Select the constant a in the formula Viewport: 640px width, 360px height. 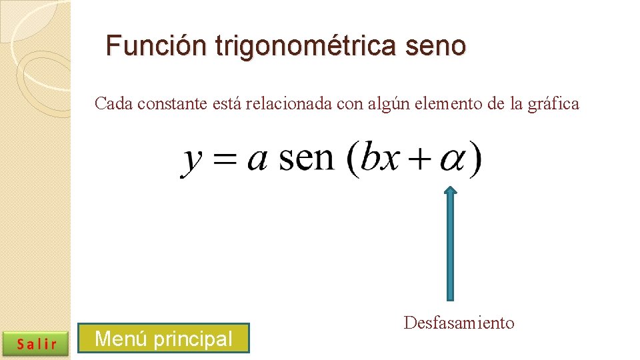click(x=257, y=161)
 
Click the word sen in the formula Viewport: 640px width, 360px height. click(x=306, y=158)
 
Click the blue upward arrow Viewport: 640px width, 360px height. click(x=451, y=243)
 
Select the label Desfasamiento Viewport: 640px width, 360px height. click(x=459, y=323)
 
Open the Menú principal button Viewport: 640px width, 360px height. click(x=163, y=339)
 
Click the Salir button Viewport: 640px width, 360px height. click(x=37, y=343)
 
